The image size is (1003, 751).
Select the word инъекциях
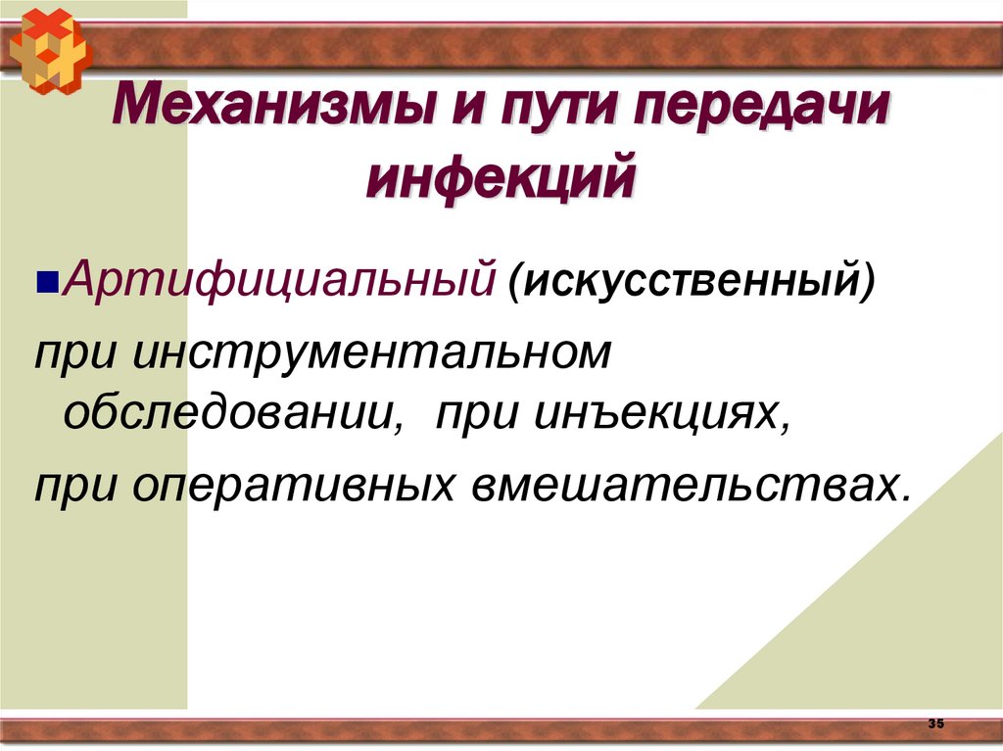pos(661,417)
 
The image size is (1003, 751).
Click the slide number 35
pos(935,724)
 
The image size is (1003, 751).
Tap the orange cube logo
pos(48,48)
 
